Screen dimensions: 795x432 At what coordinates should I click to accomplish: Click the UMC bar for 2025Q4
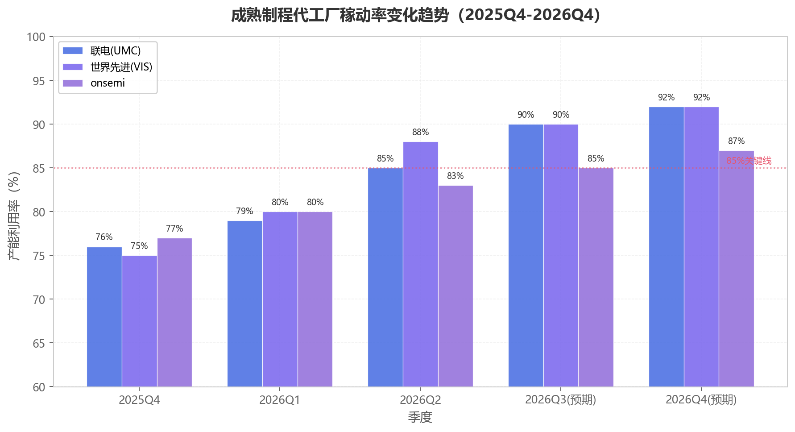coord(104,317)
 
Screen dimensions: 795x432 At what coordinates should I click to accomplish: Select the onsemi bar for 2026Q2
coord(455,286)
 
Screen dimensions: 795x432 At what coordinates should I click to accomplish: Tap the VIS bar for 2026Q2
coord(421,264)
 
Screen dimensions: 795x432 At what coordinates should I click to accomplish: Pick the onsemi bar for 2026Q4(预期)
coord(737,269)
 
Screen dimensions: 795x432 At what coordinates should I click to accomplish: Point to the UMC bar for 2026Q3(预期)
coord(526,255)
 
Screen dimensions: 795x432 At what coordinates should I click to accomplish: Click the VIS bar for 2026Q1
coord(280,299)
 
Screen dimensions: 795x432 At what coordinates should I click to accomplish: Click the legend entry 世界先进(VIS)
coord(108,67)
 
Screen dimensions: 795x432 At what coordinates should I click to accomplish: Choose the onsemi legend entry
coord(94,83)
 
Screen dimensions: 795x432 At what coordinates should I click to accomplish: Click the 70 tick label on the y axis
coord(39,299)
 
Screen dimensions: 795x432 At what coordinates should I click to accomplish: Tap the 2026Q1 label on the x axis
coord(280,400)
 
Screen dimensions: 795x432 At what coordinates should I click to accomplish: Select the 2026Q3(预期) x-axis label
coord(561,400)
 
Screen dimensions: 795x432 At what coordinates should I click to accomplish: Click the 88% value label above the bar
coord(421,132)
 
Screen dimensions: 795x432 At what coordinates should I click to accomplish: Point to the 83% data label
coord(455,176)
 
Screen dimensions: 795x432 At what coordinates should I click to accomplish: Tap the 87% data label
coord(737,141)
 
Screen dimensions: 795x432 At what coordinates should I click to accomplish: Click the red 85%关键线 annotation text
coord(749,161)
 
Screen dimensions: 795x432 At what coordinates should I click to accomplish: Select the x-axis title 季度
coord(420,417)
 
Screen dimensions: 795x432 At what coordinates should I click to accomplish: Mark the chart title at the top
coord(416,15)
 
